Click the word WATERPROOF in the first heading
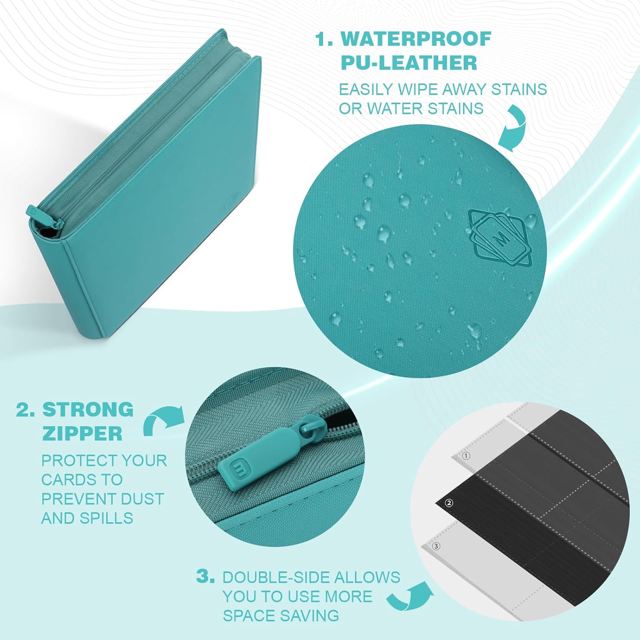pos(416,39)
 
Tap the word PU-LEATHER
pos(409,63)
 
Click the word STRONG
pos(88,410)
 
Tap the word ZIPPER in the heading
pos(82,433)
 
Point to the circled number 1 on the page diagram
pos(466,456)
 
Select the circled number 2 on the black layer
pos(448,503)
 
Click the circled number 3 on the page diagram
pos(436,546)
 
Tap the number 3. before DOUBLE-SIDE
pos(205,576)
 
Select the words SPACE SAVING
pos(281,616)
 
